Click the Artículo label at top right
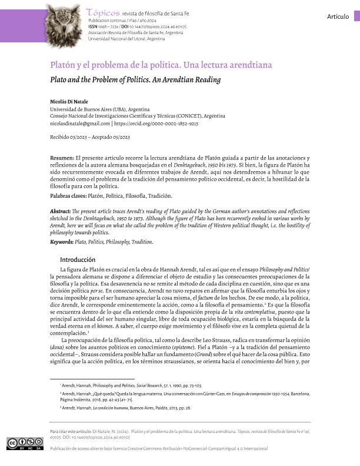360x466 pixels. (x=339, y=16)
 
